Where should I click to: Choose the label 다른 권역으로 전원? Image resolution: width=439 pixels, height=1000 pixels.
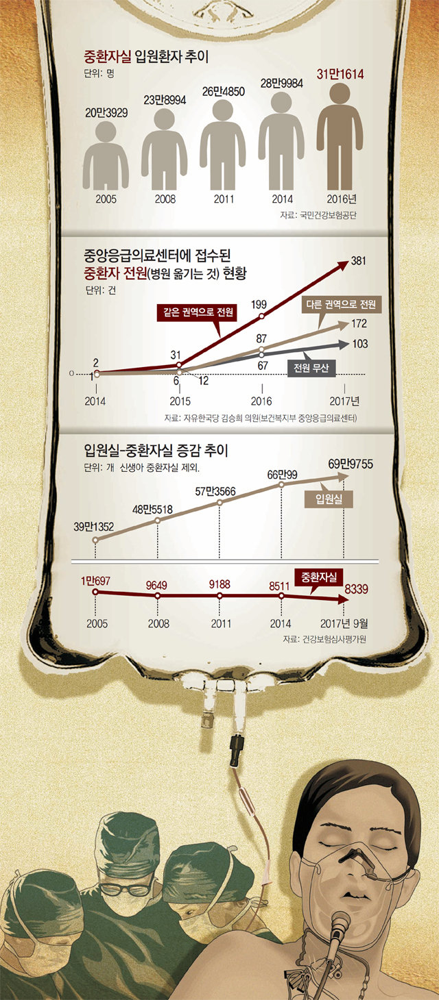(342, 303)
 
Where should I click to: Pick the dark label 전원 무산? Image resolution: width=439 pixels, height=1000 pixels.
(311, 368)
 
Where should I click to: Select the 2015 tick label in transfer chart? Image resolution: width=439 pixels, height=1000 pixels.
(180, 401)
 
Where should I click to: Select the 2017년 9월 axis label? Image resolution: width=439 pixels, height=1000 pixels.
(344, 624)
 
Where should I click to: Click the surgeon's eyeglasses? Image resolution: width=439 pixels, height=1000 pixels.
(126, 888)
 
